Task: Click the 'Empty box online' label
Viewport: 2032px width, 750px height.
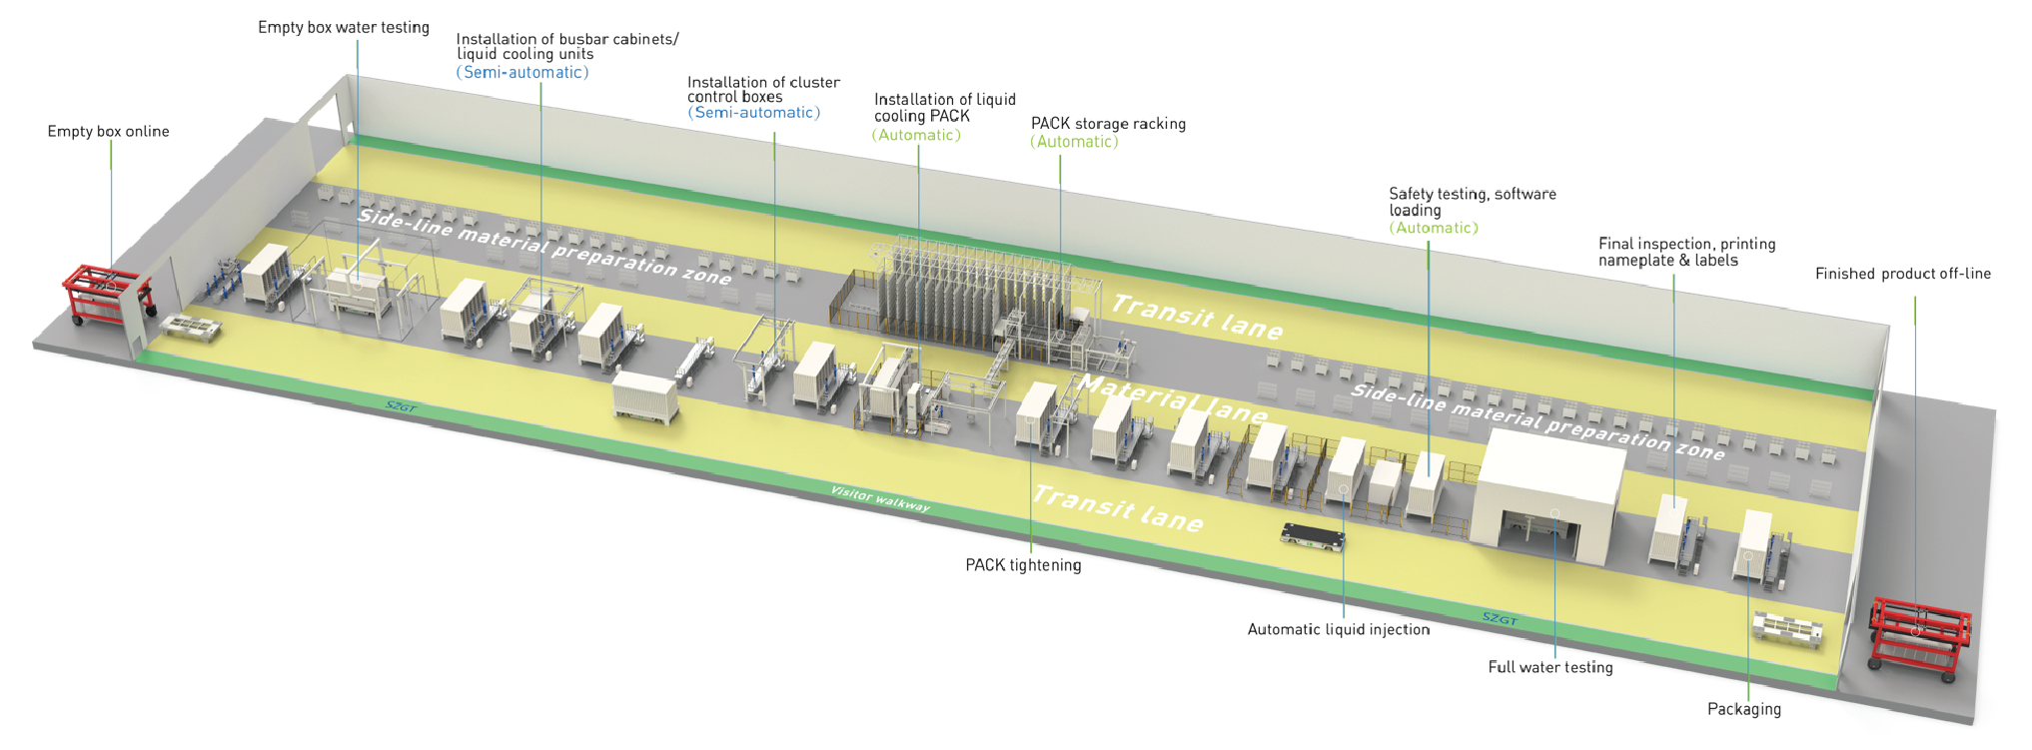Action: pyautogui.click(x=108, y=132)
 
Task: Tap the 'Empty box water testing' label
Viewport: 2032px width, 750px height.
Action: pyautogui.click(x=343, y=28)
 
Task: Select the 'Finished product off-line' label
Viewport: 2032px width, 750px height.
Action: pyautogui.click(x=1902, y=274)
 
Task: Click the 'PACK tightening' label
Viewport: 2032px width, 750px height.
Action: pyautogui.click(x=1023, y=565)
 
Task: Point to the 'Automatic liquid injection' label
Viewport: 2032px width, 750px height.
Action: pyautogui.click(x=1338, y=629)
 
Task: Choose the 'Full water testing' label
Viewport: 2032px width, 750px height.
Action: pyautogui.click(x=1550, y=667)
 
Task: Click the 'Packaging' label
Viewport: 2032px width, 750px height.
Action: pyautogui.click(x=1743, y=709)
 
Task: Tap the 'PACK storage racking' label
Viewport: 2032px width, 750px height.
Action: pyautogui.click(x=1108, y=124)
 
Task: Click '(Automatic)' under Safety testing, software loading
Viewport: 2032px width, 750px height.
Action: pyautogui.click(x=1433, y=228)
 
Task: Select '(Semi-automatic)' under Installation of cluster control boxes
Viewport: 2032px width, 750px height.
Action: pyautogui.click(x=753, y=113)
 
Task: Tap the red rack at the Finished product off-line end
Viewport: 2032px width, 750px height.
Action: pyautogui.click(x=1918, y=637)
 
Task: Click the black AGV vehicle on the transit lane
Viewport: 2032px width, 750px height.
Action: pyautogui.click(x=1313, y=536)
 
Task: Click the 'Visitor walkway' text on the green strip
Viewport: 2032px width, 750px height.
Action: pyautogui.click(x=880, y=498)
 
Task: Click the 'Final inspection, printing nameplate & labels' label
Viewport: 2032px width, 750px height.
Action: pyautogui.click(x=1686, y=252)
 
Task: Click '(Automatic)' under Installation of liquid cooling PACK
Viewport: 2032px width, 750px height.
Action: pyautogui.click(x=916, y=135)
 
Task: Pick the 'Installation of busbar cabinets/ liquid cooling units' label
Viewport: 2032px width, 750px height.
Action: pyautogui.click(x=566, y=47)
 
